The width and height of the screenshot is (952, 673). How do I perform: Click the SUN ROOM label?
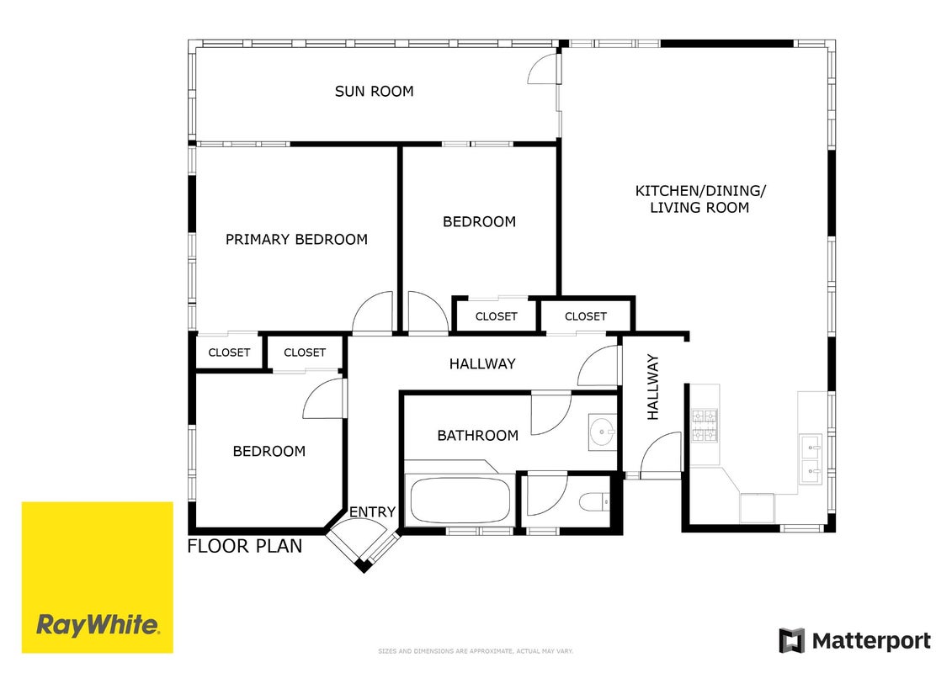374,92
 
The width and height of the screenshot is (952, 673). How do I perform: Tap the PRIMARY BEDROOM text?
296,240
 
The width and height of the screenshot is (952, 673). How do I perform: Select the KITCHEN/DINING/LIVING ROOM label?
700,199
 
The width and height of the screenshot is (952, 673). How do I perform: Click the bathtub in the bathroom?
460,500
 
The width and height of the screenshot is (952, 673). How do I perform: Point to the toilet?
595,502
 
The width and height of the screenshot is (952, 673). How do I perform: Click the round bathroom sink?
603,432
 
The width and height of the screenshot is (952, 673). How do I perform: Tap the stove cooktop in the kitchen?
705,426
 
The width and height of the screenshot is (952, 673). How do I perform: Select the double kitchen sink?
811,459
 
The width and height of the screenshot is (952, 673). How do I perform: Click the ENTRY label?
372,512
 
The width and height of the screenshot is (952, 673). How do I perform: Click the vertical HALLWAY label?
652,387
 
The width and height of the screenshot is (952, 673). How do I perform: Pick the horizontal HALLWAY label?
482,364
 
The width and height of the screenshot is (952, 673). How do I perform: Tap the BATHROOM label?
478,436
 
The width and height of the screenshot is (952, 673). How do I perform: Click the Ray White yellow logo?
97,577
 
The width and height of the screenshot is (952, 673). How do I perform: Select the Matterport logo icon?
792,641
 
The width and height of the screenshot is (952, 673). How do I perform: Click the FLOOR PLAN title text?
245,546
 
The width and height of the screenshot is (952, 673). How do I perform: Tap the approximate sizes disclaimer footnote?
476,651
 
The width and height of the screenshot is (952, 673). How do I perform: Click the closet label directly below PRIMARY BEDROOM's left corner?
229,352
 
